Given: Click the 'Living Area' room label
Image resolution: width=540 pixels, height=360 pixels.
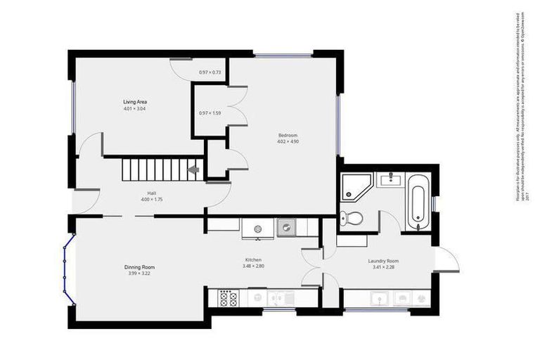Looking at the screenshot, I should pyautogui.click(x=135, y=102).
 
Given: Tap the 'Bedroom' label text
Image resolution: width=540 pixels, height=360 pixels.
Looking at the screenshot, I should pyautogui.click(x=288, y=135).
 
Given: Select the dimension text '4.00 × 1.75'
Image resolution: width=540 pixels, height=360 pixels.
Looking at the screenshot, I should pyautogui.click(x=151, y=200).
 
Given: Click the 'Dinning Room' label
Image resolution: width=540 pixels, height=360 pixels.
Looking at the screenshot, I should pyautogui.click(x=139, y=267).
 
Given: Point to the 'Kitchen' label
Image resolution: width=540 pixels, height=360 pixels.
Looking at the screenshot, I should pyautogui.click(x=253, y=259).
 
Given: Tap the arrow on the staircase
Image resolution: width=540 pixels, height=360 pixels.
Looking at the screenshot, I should pyautogui.click(x=193, y=169).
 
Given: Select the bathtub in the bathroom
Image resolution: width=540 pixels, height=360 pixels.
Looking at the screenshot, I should pyautogui.click(x=417, y=205).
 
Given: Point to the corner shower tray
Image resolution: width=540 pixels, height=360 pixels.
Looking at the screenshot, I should pyautogui.click(x=353, y=186).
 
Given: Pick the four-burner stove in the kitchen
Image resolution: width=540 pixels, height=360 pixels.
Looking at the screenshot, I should pyautogui.click(x=229, y=298).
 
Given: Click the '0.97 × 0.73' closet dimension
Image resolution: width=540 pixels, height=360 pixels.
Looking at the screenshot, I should pyautogui.click(x=210, y=72).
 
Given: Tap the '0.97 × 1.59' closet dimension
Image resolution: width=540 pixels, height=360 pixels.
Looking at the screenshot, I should pyautogui.click(x=210, y=113).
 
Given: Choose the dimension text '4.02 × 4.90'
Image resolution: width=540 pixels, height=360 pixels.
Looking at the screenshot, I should pyautogui.click(x=288, y=141).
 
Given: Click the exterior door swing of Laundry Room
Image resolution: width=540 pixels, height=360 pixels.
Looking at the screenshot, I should pyautogui.click(x=447, y=260).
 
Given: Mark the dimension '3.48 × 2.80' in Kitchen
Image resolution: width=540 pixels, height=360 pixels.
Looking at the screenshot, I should pyautogui.click(x=253, y=266).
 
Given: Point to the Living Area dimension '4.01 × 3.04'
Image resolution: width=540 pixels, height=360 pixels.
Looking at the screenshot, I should pyautogui.click(x=135, y=109).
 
